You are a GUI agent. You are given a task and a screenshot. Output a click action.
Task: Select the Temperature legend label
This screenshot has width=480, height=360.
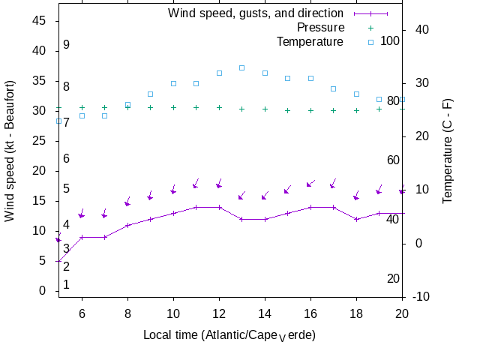[x=310, y=40]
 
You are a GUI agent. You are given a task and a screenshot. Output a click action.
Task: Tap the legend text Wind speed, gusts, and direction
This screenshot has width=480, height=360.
[x=256, y=13]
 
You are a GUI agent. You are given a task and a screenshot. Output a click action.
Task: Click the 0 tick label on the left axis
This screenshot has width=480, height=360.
[x=43, y=291]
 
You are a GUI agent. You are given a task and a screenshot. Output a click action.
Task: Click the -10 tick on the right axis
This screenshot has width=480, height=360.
[x=421, y=297]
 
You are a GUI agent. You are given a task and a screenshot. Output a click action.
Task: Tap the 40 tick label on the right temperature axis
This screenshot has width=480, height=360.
[x=421, y=29]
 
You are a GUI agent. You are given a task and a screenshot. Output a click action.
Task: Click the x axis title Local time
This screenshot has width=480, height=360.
[x=229, y=334]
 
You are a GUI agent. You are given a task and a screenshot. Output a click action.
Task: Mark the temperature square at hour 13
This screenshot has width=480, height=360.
[x=241, y=67]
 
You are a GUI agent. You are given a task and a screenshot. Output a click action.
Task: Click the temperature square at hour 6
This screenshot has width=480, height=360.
[x=82, y=115]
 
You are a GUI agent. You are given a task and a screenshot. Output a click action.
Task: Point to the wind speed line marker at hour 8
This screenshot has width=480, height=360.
[x=127, y=225]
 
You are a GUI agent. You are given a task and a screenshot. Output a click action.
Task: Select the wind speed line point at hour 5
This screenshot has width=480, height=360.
[x=58, y=261]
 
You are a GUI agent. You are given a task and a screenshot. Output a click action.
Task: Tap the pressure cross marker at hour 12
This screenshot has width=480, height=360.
[x=219, y=107]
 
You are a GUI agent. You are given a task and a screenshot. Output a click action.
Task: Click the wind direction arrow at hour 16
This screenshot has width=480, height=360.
[x=310, y=184]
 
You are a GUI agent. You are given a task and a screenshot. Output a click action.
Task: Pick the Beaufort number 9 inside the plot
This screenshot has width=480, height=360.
[x=66, y=45]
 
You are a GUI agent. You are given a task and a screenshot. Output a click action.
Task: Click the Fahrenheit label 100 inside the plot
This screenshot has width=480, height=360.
[x=389, y=40]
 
